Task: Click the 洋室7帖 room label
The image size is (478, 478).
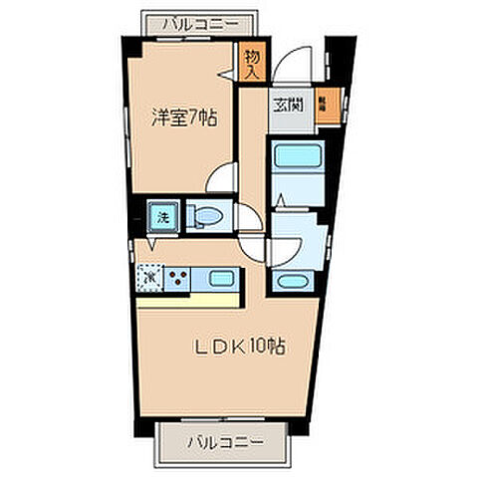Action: [x=183, y=117]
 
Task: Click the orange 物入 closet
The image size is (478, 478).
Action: [x=252, y=64]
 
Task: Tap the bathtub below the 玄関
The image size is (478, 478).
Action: [x=295, y=156]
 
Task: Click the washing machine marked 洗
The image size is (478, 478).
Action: [x=160, y=214]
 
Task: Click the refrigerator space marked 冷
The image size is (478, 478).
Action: [x=149, y=275]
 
